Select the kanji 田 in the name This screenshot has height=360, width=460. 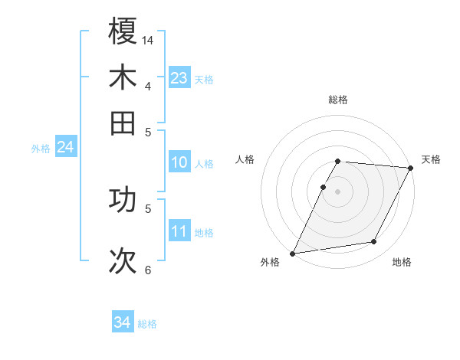[123, 123]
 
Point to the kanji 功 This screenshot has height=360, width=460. [123, 201]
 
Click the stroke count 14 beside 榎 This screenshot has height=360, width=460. [149, 38]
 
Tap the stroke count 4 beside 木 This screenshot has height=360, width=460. [148, 85]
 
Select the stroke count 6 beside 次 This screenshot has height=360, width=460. [148, 270]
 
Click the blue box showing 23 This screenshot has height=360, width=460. [179, 78]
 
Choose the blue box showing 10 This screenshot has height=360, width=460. [179, 162]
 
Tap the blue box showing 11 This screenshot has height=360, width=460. [179, 232]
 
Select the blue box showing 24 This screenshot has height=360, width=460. [65, 147]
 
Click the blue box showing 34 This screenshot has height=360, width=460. [123, 322]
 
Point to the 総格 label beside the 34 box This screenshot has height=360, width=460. [147, 324]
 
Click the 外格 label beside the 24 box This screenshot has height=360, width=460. [40, 149]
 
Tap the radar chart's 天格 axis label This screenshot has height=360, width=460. [431, 159]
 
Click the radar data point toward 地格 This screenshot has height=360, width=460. [374, 242]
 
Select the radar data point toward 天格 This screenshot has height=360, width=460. [411, 169]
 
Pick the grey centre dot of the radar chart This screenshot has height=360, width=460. [338, 191]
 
